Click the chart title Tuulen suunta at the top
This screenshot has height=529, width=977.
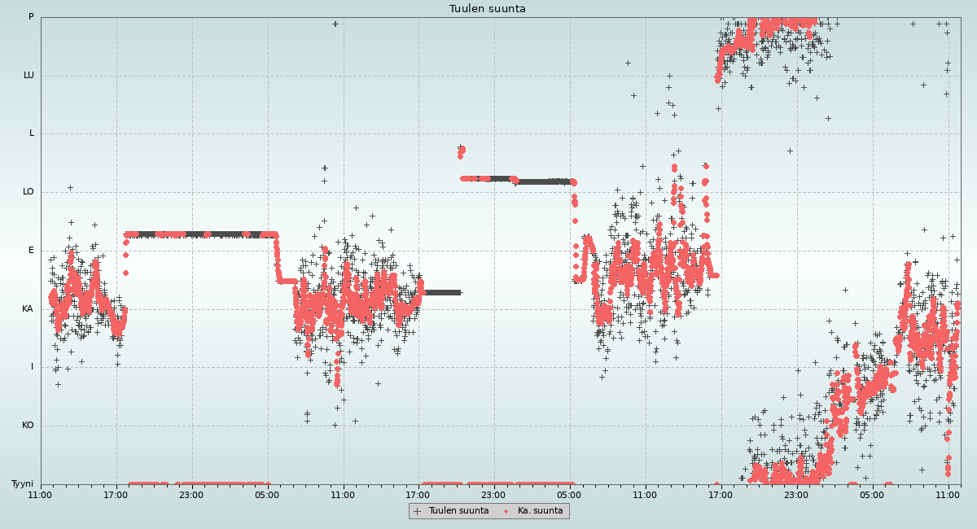[x=487, y=9]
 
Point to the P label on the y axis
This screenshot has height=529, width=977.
[x=31, y=17]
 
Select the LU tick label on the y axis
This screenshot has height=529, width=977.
[x=28, y=76]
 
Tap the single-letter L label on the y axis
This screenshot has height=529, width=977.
[x=32, y=133]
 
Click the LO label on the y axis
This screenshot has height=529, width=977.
[x=28, y=192]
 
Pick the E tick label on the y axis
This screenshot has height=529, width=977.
[x=32, y=251]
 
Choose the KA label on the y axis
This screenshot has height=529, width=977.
[x=28, y=309]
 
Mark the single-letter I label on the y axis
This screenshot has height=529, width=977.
[x=33, y=367]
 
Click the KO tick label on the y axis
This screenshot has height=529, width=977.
[x=28, y=426]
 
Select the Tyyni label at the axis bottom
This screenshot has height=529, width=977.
[x=22, y=484]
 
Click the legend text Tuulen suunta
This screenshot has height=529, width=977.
[x=458, y=511]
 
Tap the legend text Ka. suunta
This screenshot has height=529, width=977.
[x=540, y=511]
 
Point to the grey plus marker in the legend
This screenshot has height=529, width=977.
[x=418, y=511]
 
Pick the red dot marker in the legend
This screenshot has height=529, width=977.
[x=506, y=511]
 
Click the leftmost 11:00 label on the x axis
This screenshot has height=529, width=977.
[x=41, y=494]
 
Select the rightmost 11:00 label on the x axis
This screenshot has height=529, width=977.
[x=948, y=494]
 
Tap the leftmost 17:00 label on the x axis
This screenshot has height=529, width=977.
[x=116, y=494]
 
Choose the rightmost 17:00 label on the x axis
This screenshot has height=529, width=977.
[x=721, y=494]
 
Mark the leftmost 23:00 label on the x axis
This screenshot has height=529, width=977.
[x=191, y=494]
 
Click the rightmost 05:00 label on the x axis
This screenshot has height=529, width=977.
[x=872, y=494]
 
